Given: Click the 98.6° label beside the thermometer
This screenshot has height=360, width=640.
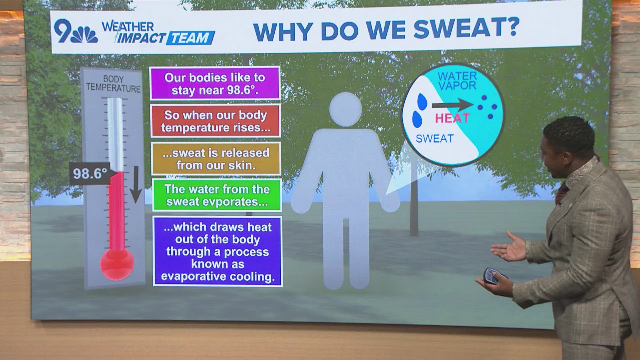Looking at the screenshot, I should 90,173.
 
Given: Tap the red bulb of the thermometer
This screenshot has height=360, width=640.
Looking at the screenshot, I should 117,264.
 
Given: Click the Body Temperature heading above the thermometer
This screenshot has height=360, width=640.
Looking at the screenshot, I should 113,84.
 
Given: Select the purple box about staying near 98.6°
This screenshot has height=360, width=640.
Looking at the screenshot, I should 215,83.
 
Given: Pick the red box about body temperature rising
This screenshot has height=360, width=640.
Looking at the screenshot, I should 215,121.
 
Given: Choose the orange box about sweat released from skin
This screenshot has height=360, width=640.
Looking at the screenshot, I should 216,159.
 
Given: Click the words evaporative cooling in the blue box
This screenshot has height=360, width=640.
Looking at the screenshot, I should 218,277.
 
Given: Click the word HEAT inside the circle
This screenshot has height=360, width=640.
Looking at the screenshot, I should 452,118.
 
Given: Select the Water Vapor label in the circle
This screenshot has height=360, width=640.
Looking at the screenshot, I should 457,81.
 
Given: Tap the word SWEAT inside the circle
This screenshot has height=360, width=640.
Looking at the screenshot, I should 434,139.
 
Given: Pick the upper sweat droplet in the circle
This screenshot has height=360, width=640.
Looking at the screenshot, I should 422,101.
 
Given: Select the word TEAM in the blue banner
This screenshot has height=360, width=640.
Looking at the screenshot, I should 190,38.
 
